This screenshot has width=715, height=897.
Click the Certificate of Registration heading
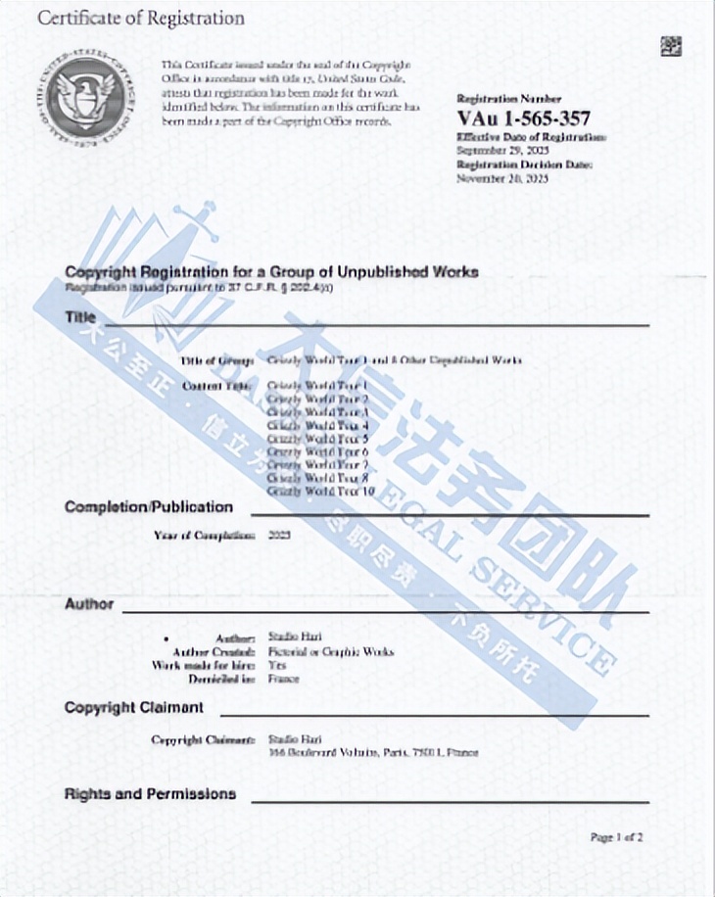click(141, 19)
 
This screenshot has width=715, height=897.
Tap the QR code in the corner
click(671, 45)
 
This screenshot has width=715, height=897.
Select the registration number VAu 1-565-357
click(524, 118)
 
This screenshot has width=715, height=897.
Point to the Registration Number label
click(509, 99)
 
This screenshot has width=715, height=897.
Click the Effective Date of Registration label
click(531, 138)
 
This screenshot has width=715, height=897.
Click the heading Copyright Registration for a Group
click(271, 272)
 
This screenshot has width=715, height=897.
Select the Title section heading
click(80, 317)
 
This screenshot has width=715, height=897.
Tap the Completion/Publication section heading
click(149, 507)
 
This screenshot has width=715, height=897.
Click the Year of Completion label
click(204, 536)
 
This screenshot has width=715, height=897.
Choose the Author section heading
click(89, 604)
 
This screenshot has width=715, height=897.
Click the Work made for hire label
click(204, 665)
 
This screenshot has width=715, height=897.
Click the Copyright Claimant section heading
click(134, 707)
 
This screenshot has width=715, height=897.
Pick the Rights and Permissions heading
click(150, 794)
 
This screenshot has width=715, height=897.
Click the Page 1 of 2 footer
click(616, 837)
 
